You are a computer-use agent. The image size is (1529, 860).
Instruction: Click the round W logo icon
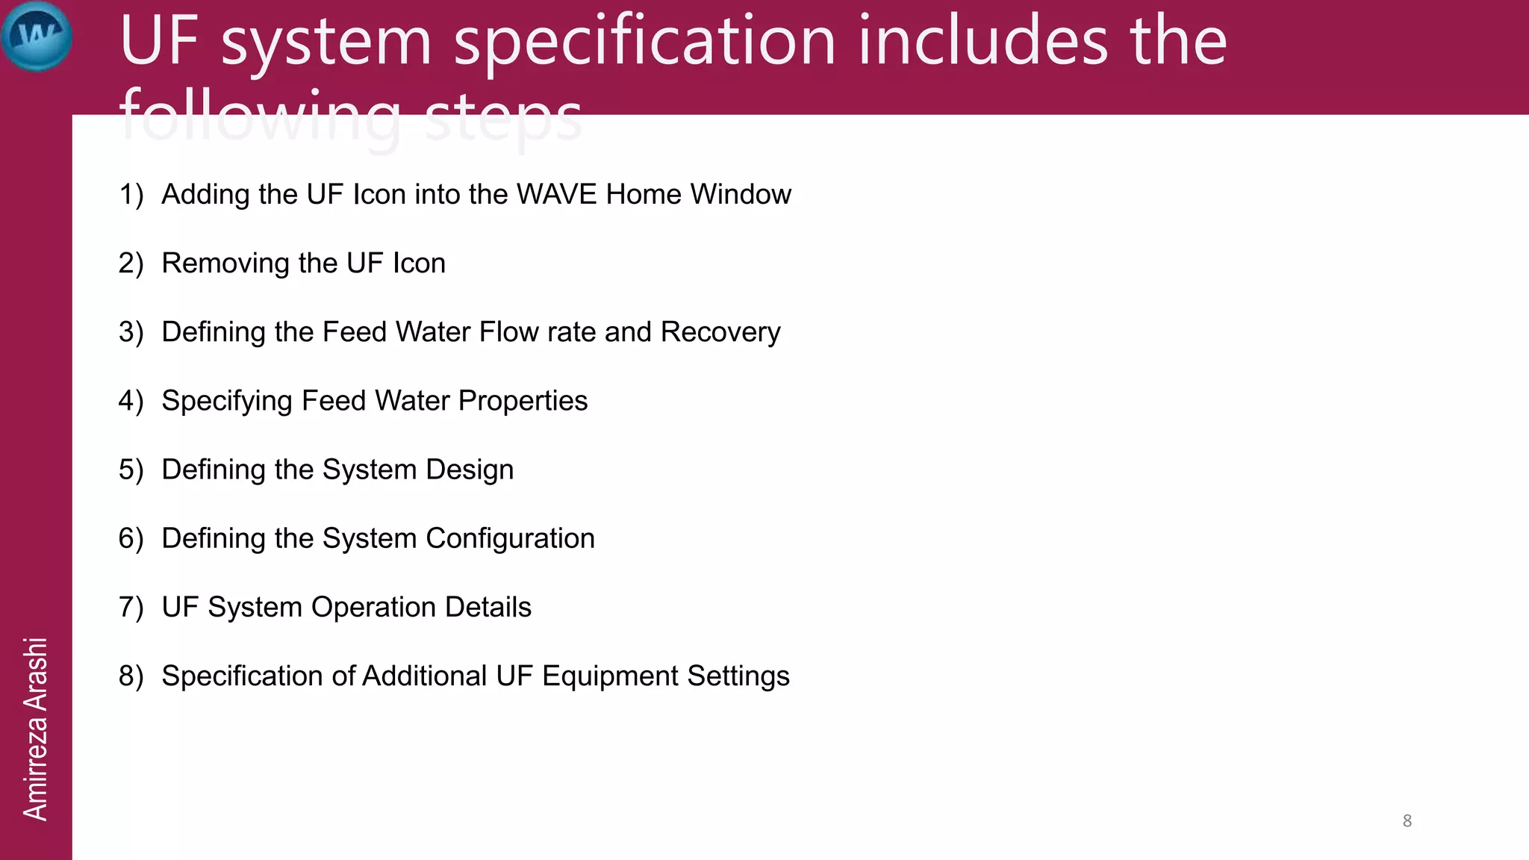tap(37, 36)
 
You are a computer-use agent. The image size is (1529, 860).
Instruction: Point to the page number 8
tap(1407, 820)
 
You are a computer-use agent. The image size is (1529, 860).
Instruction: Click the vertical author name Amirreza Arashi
tap(35, 729)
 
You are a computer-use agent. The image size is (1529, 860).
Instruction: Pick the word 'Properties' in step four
tap(523, 401)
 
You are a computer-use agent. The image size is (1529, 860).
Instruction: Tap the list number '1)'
tap(131, 194)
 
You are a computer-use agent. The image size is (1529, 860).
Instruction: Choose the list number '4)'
tap(131, 401)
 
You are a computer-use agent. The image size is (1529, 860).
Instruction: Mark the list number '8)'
tap(131, 676)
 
